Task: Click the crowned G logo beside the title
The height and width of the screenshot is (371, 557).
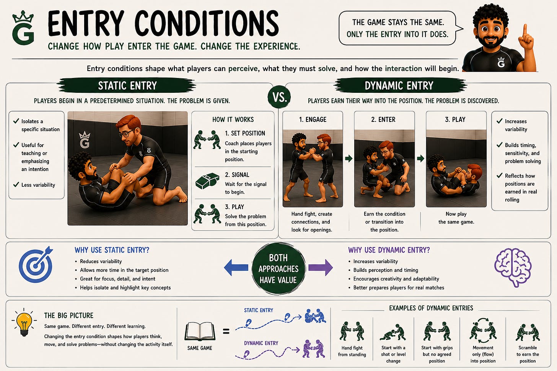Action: point(23,28)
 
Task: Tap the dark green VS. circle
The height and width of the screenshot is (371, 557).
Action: point(279,97)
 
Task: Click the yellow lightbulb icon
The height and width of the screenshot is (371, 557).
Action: point(24,322)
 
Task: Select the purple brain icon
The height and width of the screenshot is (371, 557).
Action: point(513,267)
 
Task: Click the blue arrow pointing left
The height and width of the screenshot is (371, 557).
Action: point(236,267)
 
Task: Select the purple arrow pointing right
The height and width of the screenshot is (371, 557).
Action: point(321,267)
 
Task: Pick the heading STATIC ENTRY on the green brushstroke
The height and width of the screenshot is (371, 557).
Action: point(127,86)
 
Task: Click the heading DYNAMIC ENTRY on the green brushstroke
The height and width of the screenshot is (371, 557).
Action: point(399,86)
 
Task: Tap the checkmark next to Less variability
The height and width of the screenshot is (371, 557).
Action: point(16,185)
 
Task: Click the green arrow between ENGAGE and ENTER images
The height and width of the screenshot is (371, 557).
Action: point(349,158)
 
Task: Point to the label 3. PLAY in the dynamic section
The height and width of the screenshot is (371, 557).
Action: point(455,120)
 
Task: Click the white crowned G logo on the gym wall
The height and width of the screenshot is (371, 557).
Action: point(84,139)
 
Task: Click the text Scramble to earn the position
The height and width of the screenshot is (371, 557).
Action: point(528,354)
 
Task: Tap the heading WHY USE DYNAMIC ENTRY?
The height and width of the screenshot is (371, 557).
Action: point(389,250)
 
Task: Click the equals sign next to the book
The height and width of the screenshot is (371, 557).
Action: point(226,331)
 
